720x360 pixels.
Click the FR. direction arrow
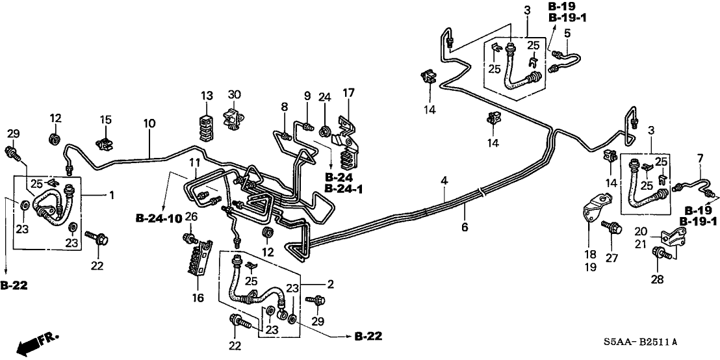coord(35,342)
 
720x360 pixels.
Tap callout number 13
coord(207,96)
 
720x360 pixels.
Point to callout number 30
coord(235,96)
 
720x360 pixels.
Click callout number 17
coord(349,94)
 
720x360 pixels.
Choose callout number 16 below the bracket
coord(198,298)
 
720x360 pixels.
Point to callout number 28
coord(658,279)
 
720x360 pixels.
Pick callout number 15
coord(106,120)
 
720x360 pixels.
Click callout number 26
coord(191,216)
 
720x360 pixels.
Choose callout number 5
coord(567,32)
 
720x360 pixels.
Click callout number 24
coord(324,97)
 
